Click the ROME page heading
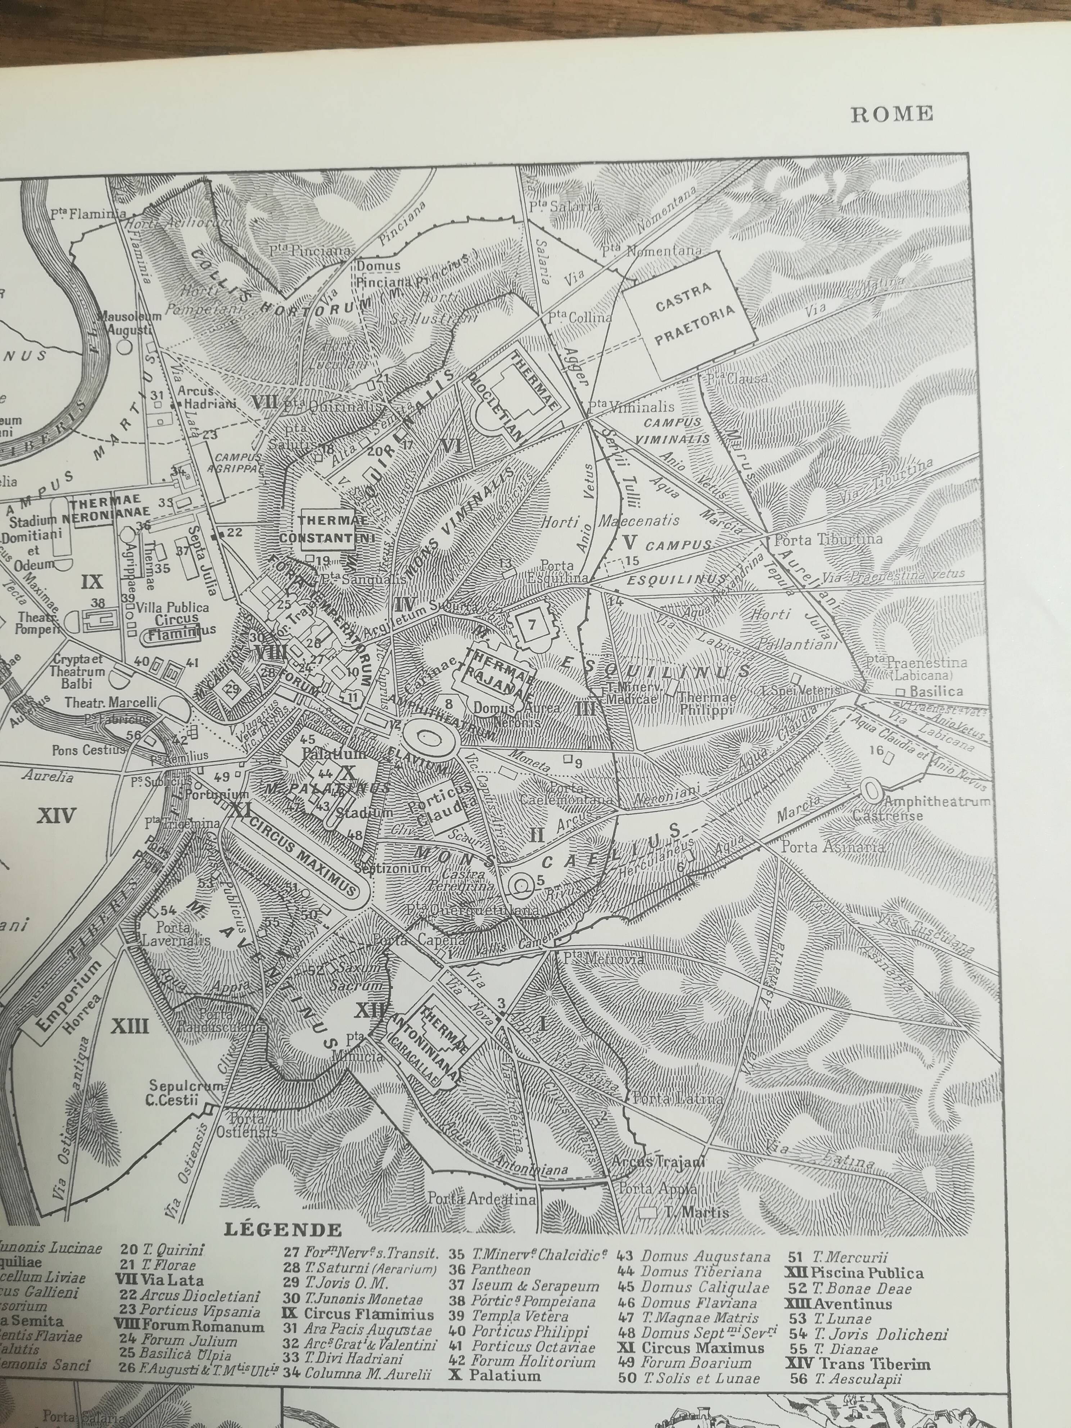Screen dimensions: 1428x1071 pyautogui.click(x=891, y=114)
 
